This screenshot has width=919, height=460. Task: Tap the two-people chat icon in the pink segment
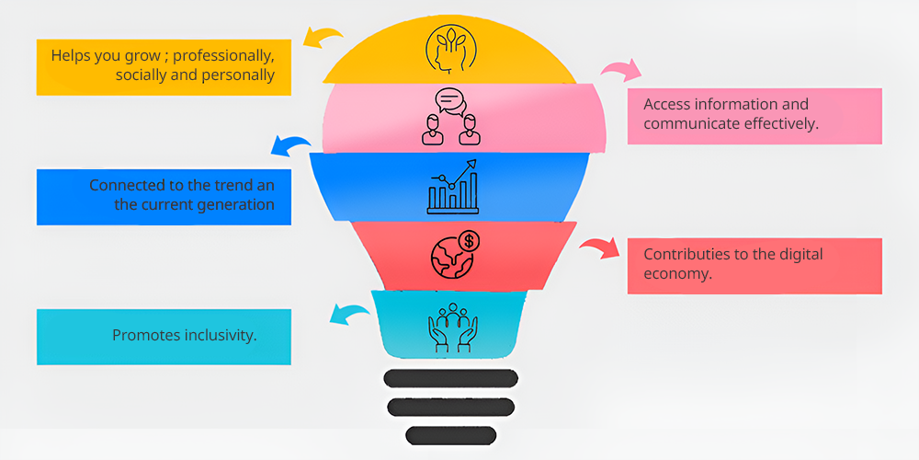pyautogui.click(x=450, y=116)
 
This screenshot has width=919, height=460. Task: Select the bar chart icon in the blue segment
pyautogui.click(x=452, y=187)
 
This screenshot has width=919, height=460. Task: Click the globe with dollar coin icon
pyautogui.click(x=454, y=255)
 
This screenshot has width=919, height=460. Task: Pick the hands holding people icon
pyautogui.click(x=450, y=328)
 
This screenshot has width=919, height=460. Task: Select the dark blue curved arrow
pyautogui.click(x=290, y=144)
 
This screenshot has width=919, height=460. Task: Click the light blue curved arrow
pyautogui.click(x=350, y=316)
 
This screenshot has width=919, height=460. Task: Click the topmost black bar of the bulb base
pyautogui.click(x=450, y=378)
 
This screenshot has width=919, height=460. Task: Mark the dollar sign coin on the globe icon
pyautogui.click(x=471, y=241)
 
